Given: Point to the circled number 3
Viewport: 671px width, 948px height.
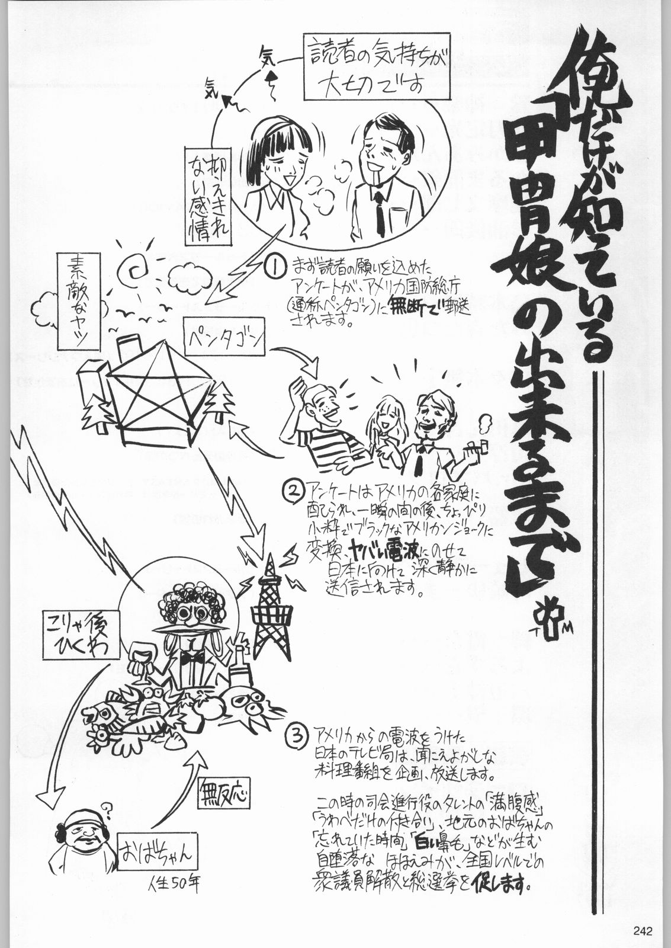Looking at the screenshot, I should [x=296, y=737].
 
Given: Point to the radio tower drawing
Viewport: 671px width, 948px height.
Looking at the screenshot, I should [x=269, y=610].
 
